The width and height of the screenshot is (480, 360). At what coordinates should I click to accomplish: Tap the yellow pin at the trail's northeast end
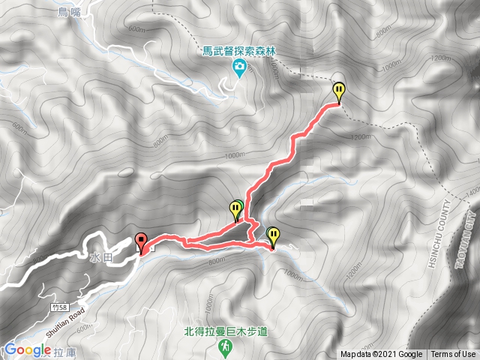pos(339,91)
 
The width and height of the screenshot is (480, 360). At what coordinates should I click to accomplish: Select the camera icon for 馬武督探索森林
pos(238,70)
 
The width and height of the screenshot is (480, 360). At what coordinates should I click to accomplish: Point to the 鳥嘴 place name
pos(68,12)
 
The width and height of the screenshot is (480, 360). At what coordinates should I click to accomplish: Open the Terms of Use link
pos(453,355)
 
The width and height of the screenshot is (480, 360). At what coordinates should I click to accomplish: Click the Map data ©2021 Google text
pos(382,355)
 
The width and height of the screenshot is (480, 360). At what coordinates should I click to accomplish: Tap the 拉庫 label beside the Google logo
pos(63,350)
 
